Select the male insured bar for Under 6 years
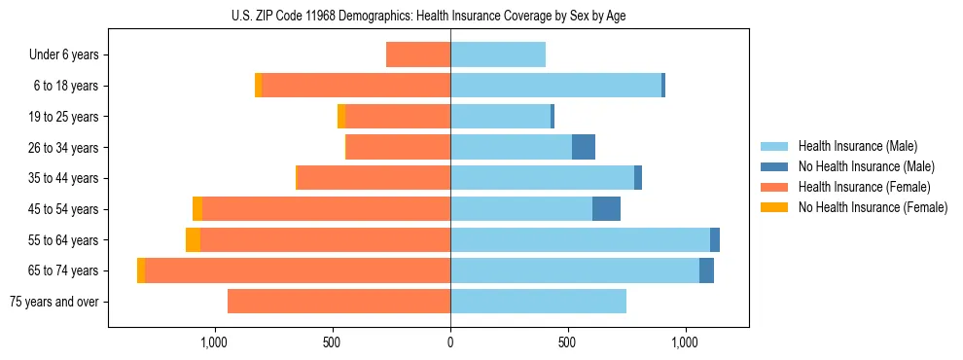click(498, 54)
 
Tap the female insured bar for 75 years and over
click(339, 302)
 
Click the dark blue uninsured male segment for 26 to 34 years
click(584, 147)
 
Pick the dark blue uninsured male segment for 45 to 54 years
click(606, 209)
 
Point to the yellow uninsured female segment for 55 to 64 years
click(193, 240)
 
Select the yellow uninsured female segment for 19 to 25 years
click(341, 117)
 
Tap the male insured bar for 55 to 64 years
click(580, 240)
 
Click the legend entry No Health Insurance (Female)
click(873, 207)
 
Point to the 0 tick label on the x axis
click(450, 342)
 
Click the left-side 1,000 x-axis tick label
click(214, 342)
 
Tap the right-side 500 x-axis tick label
click(568, 342)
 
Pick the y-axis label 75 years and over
click(54, 302)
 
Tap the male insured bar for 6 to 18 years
click(555, 86)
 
